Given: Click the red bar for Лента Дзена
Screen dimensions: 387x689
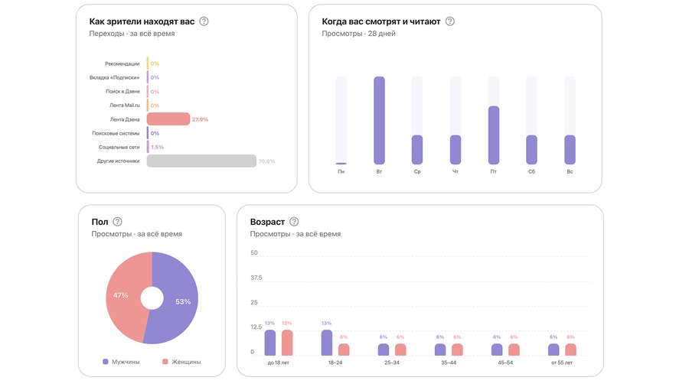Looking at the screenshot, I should (168, 119).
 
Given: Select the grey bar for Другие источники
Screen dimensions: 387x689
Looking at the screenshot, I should (201, 161).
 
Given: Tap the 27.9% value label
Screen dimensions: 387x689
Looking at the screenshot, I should (200, 119).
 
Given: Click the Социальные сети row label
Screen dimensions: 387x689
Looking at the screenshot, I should (119, 147).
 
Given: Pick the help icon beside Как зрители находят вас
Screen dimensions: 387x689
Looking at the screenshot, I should (204, 21).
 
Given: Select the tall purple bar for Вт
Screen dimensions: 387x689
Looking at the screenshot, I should (379, 121).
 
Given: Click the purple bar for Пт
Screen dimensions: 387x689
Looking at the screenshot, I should (494, 135).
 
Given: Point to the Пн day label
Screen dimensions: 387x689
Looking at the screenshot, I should (341, 172).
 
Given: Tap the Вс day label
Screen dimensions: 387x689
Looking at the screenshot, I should (570, 172).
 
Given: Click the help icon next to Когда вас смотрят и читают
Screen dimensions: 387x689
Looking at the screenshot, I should (449, 21).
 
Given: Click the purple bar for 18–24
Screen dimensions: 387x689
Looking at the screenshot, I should (327, 343).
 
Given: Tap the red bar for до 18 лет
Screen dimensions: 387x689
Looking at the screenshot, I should (287, 343).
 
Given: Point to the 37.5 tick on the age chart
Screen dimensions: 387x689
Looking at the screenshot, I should (256, 278).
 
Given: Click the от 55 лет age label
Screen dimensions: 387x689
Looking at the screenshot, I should (561, 363).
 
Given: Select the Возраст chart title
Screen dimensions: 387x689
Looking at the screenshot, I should (267, 222).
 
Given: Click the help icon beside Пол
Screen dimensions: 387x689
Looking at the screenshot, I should (117, 222).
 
